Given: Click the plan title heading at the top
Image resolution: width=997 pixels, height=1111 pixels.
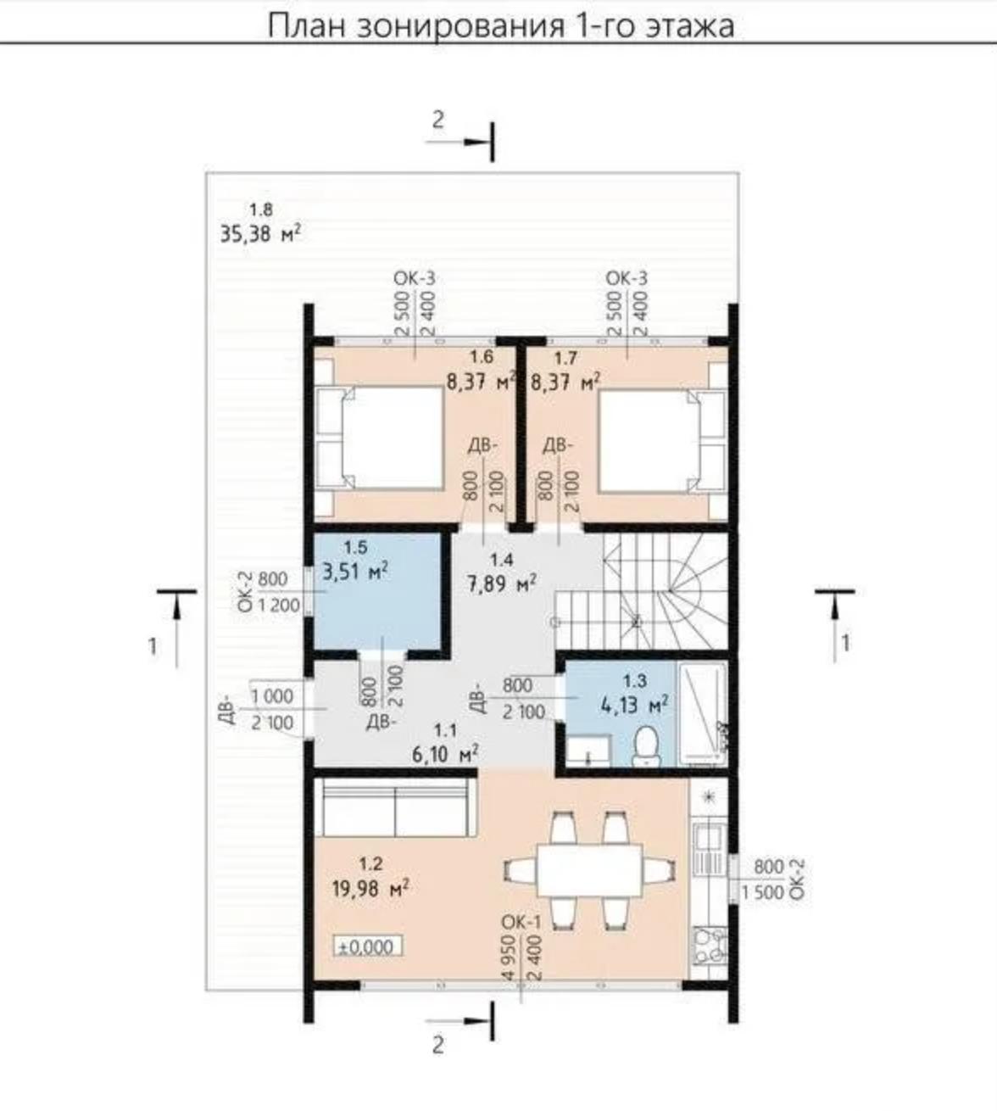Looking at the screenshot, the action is coord(501,25).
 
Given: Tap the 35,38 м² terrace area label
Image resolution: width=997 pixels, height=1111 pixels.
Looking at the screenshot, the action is coord(261,234).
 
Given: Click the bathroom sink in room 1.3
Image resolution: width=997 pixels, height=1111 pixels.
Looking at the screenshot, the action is coord(588,751).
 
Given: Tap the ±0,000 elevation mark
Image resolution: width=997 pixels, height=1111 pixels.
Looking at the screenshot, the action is coord(367,946).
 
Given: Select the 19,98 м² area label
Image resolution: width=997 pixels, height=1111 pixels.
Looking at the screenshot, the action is coord(371,888).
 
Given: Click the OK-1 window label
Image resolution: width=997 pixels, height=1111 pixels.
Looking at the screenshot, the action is coord(521,923).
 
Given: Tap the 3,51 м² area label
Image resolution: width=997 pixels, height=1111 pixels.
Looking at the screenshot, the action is coord(356,572).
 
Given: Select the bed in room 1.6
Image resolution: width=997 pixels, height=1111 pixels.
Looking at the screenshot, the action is coord(379,438).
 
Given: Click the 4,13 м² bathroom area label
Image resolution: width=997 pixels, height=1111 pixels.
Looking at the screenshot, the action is coord(635,705).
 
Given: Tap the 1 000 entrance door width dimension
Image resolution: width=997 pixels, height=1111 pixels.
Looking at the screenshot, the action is coord(272,696).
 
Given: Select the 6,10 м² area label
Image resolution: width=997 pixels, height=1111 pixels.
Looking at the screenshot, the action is coord(445,755).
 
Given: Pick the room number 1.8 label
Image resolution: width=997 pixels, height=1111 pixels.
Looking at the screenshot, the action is coord(261,209).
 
